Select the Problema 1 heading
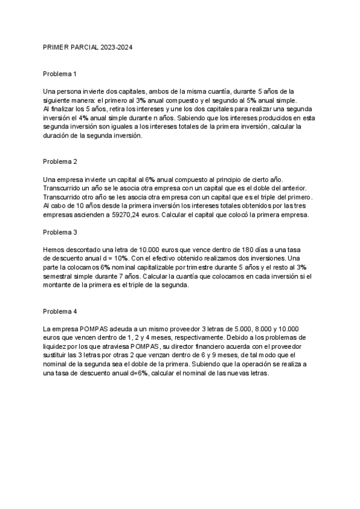(x=60, y=74)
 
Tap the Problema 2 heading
(x=60, y=161)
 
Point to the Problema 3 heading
(x=60, y=231)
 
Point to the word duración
(x=58, y=136)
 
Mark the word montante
(x=59, y=285)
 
